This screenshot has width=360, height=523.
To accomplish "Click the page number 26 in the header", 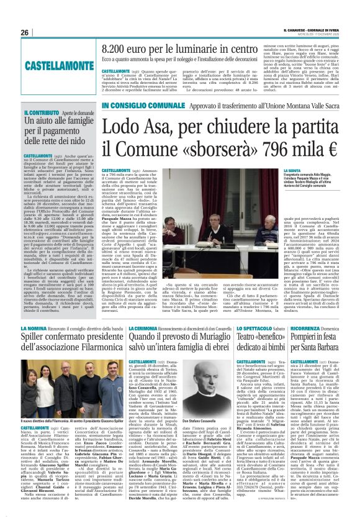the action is pos(24,32).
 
